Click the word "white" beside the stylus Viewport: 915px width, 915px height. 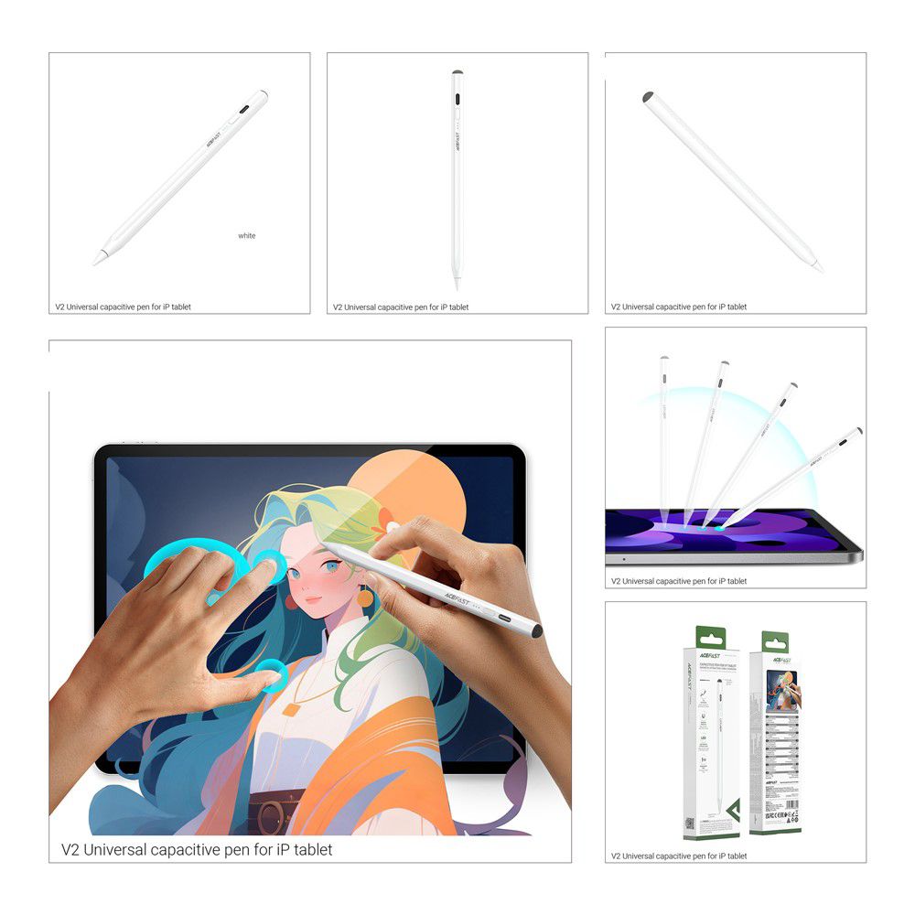(247, 236)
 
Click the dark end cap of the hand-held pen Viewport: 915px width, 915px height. (536, 631)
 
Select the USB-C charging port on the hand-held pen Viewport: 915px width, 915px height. (502, 617)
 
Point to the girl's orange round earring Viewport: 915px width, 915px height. (366, 597)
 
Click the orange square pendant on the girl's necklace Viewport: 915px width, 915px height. (291, 707)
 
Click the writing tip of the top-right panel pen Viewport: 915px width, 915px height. (819, 269)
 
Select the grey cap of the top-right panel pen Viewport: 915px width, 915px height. (648, 96)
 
